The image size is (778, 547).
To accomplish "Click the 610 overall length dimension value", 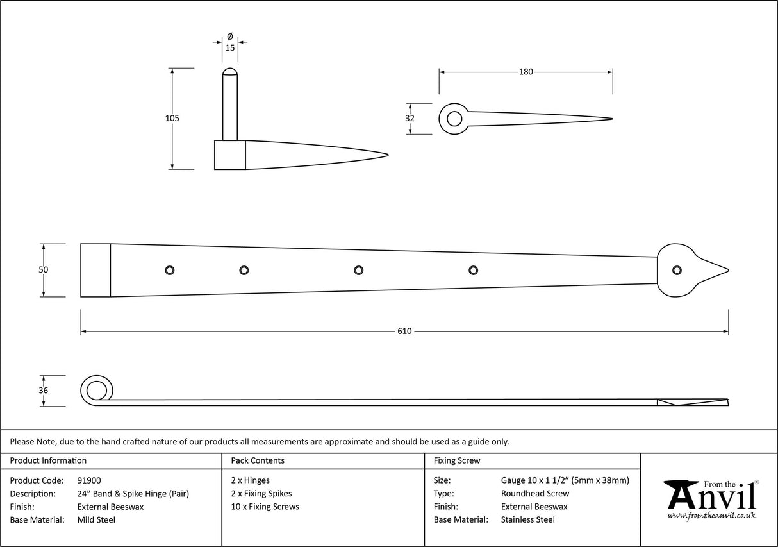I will coord(404,332).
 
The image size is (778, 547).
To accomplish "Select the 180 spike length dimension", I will coord(526,72).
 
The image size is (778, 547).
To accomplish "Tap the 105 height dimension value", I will coord(172,118).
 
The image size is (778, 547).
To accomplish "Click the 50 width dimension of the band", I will coord(43,270).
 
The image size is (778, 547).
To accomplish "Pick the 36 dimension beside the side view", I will coord(43,391).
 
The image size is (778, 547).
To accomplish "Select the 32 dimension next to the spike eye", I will coord(410,118).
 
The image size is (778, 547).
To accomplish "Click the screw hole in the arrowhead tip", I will coord(675,270).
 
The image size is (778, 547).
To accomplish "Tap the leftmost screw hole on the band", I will coord(169,270).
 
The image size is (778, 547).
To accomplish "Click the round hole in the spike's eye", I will coord(454,119).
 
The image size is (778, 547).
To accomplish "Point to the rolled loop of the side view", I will coord(96,390).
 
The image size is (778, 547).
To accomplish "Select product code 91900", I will coord(88,480).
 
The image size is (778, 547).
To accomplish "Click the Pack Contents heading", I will coord(258,460).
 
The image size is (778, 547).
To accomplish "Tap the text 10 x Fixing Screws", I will coord(265,507).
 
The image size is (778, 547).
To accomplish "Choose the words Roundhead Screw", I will coord(534,494).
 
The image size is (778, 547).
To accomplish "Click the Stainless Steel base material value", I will coord(527,520).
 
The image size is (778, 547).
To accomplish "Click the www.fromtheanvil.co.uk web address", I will coord(711,515).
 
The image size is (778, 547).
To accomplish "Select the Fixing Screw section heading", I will coord(456,460).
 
